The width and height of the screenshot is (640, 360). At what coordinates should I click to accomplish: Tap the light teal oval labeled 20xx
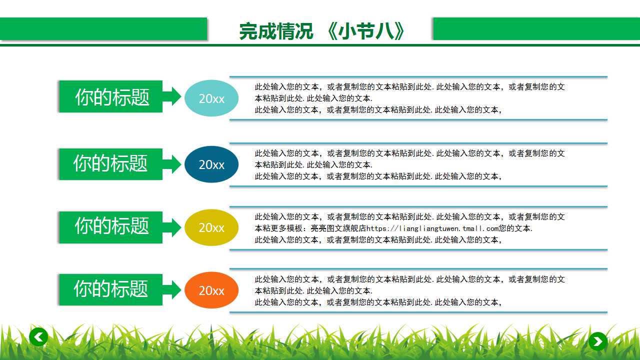tap(211, 98)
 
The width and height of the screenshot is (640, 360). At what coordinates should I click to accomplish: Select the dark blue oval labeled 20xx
tap(211, 164)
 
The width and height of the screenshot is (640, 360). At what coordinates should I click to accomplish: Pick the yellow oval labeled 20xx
tap(211, 227)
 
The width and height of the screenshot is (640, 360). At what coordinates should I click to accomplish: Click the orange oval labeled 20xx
tap(211, 290)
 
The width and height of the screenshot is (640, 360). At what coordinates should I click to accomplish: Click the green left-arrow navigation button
tap(38, 337)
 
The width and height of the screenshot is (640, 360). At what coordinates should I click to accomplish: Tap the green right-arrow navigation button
tap(597, 341)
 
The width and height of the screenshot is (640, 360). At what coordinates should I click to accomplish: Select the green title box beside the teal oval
tap(111, 96)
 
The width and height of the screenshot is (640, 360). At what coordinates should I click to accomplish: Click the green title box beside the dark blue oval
tap(111, 163)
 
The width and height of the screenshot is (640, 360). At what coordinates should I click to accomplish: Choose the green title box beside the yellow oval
tap(111, 226)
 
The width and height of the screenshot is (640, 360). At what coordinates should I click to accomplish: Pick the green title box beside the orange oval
tap(111, 289)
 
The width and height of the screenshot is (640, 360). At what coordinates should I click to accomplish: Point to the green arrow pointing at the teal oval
tap(172, 96)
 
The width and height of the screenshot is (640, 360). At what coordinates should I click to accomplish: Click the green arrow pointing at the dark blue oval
tap(172, 164)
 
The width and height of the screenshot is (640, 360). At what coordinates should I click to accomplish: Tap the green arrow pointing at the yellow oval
tap(172, 227)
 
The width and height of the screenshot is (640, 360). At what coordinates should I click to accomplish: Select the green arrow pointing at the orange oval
tap(172, 289)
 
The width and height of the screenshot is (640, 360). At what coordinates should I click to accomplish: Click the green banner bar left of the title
tap(103, 28)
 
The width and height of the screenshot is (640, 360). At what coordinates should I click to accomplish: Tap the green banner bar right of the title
tap(536, 28)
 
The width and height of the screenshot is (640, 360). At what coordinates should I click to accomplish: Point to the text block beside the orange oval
tap(410, 291)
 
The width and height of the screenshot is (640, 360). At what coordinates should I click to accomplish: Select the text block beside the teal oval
tap(410, 98)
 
